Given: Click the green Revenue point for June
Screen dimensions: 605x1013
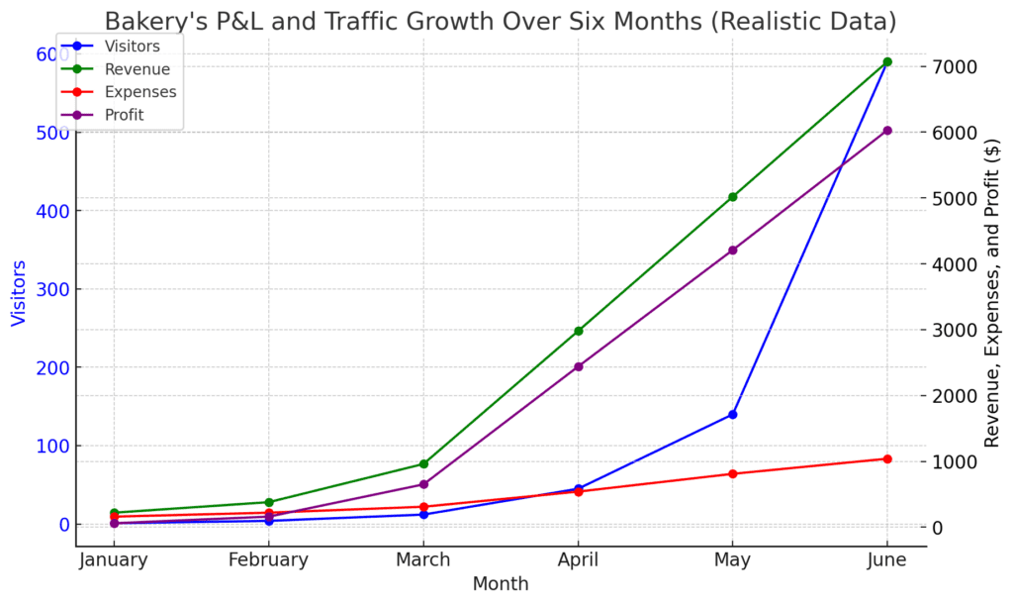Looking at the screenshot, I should click(x=886, y=61).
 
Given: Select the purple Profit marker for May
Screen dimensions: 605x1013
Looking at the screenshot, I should click(x=732, y=251).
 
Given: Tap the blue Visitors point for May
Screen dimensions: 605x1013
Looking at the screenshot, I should click(x=732, y=414).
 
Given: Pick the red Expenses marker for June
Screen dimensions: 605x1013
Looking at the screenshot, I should click(x=886, y=458).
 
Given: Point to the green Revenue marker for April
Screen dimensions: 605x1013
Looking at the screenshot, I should click(x=578, y=331).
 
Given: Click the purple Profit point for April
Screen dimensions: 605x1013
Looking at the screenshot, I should click(x=578, y=366).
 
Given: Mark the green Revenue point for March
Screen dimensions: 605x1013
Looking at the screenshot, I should click(x=423, y=463).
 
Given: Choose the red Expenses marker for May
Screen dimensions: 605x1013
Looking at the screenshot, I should click(x=732, y=473).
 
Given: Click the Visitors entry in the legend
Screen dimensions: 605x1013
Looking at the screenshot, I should click(x=132, y=46).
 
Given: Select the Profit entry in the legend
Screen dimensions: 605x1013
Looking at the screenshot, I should click(x=124, y=115).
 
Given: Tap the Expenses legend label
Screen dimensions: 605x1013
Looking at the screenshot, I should click(x=140, y=92).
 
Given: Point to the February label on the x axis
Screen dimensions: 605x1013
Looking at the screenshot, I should click(x=268, y=560).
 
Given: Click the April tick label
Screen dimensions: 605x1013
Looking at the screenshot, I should click(x=578, y=560).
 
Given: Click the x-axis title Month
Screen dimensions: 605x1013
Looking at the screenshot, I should click(x=501, y=584).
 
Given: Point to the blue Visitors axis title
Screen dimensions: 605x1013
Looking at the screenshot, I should click(x=19, y=293).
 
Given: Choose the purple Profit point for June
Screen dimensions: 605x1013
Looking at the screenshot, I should click(x=886, y=131).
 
